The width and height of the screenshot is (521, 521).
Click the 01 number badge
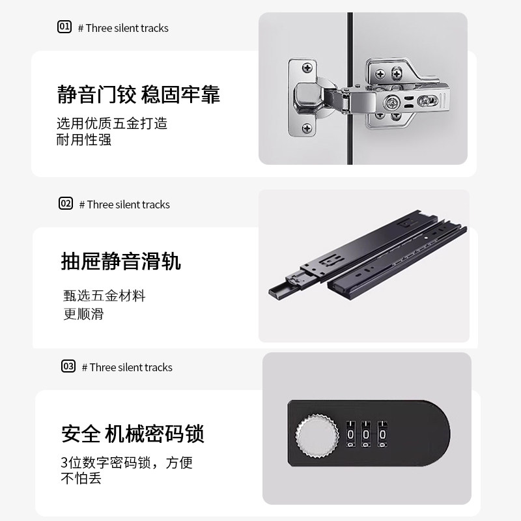click(64, 27)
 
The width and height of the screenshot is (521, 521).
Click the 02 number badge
click(66, 204)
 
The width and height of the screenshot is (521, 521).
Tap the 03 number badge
click(68, 367)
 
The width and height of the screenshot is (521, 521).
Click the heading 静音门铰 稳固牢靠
click(139, 94)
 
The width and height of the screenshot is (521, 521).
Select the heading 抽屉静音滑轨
click(120, 261)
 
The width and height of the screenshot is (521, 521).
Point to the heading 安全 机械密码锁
click(133, 434)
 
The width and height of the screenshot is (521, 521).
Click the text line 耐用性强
click(84, 139)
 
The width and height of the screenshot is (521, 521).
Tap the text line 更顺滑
click(84, 314)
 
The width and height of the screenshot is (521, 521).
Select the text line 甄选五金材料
click(104, 296)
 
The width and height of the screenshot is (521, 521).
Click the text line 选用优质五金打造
click(112, 122)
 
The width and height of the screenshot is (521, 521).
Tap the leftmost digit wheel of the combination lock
click(351, 434)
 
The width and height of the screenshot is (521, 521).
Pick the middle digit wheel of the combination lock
click(367, 434)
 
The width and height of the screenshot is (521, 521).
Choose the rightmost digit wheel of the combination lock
click(382, 434)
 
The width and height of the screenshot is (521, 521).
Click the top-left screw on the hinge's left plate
click(306, 67)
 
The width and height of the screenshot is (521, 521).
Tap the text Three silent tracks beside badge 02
click(128, 204)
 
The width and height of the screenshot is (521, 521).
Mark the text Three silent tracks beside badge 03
click(131, 367)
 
